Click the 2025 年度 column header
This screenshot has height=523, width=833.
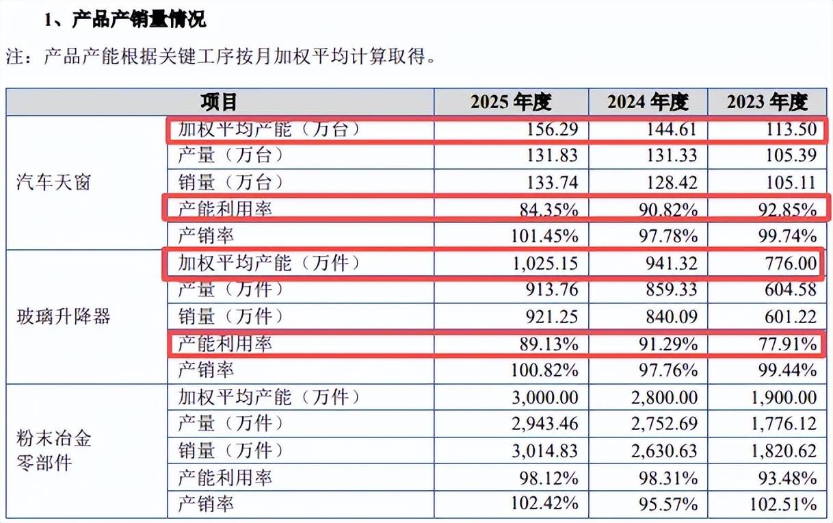click(x=511, y=102)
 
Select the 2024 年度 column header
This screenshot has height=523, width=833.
click(x=648, y=102)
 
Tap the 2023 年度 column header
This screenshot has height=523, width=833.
click(x=767, y=102)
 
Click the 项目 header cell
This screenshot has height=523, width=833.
click(x=219, y=102)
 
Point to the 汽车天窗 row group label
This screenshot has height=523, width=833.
click(x=53, y=182)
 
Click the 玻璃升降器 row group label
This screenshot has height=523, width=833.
click(x=63, y=316)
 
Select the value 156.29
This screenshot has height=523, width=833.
click(x=553, y=129)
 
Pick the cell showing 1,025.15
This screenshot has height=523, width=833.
click(x=546, y=264)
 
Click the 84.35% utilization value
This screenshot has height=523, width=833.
click(x=549, y=210)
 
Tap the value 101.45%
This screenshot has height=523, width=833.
click(x=545, y=236)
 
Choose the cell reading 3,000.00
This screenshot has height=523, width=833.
click(x=545, y=398)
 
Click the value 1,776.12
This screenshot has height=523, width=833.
click(x=784, y=424)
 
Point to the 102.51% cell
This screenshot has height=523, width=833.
click(x=783, y=505)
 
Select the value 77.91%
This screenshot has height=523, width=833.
click(x=788, y=344)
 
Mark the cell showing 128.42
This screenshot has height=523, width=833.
click(x=672, y=182)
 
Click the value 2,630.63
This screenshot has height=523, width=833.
click(x=664, y=451)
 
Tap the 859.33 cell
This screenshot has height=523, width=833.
click(x=672, y=290)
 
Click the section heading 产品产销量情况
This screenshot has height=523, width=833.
click(x=139, y=19)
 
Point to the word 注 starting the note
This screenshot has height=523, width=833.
click(x=15, y=57)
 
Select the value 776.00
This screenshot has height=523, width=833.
click(x=791, y=264)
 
